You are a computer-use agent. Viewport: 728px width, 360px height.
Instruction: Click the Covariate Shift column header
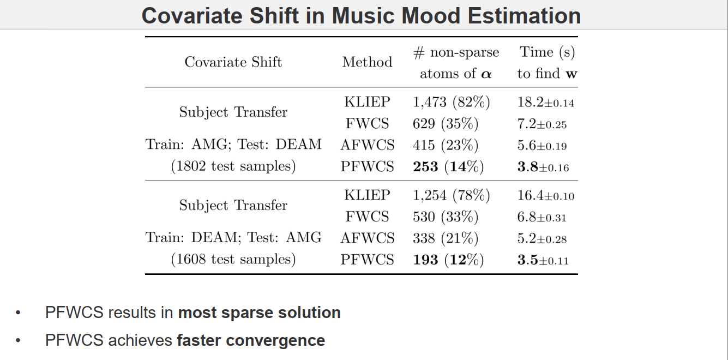click(233, 62)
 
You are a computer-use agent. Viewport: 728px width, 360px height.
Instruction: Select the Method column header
click(367, 62)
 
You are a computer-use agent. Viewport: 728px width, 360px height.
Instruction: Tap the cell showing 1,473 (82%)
click(451, 102)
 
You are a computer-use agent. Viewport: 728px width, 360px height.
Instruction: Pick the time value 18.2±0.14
click(545, 102)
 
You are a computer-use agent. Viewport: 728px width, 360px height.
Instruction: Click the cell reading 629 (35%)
click(445, 124)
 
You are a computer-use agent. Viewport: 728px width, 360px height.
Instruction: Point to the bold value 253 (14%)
click(448, 166)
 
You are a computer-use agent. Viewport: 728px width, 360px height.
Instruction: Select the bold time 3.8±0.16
click(543, 167)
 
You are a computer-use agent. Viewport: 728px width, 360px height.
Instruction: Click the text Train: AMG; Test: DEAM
click(233, 145)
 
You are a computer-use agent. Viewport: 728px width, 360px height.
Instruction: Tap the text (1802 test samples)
click(233, 166)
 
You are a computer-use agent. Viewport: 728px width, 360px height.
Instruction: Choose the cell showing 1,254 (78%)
click(451, 195)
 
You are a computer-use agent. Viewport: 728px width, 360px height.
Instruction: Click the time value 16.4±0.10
click(545, 195)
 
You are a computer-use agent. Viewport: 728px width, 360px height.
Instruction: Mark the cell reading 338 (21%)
click(445, 238)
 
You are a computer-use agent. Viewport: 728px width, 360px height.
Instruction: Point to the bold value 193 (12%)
click(448, 260)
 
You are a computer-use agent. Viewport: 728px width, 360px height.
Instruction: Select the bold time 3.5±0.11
click(543, 260)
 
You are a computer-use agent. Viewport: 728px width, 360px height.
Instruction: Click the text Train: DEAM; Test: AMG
click(233, 238)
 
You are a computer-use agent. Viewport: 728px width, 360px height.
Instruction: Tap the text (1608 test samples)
click(233, 259)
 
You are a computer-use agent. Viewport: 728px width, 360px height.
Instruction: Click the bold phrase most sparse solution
click(259, 313)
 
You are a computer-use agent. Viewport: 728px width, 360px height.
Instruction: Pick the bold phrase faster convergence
click(251, 340)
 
